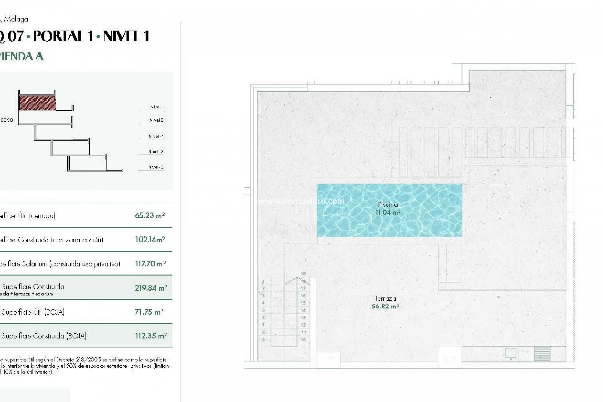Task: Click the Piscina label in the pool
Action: (388, 204)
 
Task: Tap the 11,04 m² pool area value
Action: (388, 212)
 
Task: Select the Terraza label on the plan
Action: (385, 298)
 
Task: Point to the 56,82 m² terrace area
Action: (385, 306)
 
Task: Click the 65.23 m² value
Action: (150, 215)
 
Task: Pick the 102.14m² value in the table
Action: (150, 240)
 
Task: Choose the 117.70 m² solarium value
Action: (150, 264)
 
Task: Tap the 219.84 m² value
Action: (151, 288)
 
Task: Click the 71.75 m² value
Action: (149, 312)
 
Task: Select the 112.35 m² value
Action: (151, 336)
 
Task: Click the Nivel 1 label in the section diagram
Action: (157, 107)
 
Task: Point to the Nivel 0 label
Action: (156, 120)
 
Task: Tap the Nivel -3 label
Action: (156, 167)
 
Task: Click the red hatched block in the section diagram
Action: (37, 103)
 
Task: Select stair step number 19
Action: (303, 274)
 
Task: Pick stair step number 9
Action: (263, 340)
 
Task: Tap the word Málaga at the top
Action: (16, 19)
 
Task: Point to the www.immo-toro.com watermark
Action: (301, 201)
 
